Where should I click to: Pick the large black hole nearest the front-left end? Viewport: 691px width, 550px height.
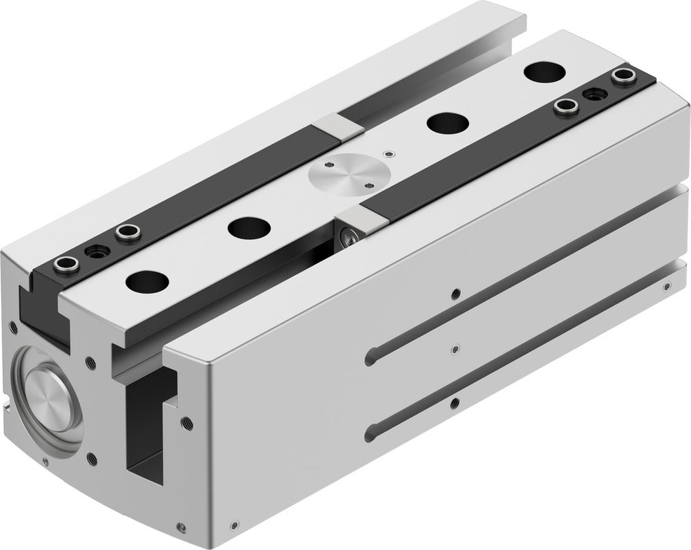point(146,282)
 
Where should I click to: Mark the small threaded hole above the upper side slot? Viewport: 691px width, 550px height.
point(454,293)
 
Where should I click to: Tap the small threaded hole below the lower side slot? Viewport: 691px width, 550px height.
point(454,401)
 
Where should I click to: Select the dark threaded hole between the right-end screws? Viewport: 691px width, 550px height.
point(591,93)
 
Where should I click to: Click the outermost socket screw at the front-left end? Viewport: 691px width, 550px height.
point(63,263)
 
